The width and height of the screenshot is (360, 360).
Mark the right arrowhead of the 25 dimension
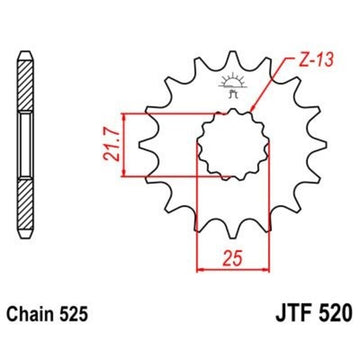pos(269,268)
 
